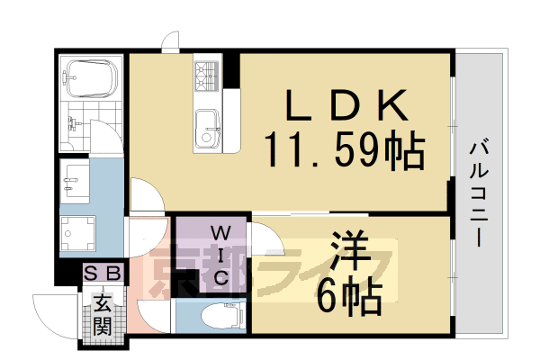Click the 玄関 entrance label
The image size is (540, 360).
[x=103, y=316]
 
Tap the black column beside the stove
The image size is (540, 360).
[x=231, y=72]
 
